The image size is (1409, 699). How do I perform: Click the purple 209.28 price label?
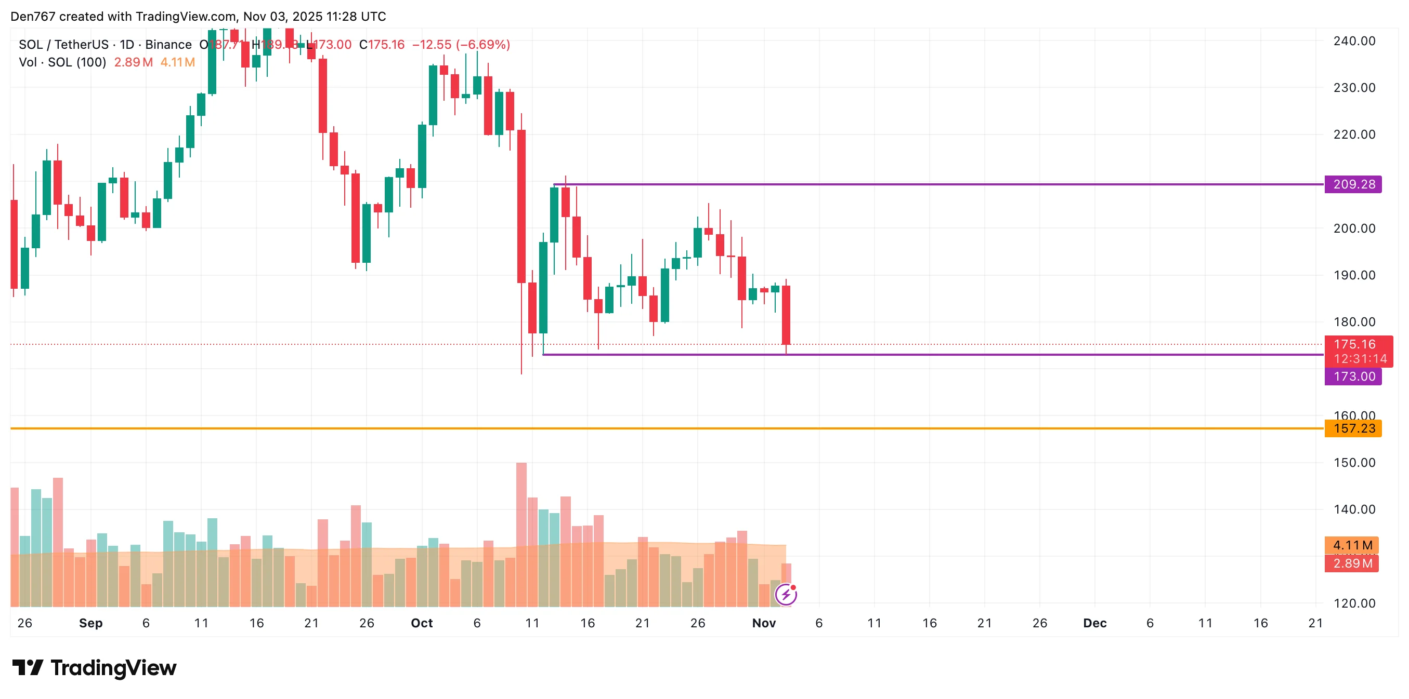click(x=1353, y=184)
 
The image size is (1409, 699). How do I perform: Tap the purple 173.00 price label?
click(x=1353, y=377)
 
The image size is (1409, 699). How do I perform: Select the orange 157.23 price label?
click(x=1353, y=428)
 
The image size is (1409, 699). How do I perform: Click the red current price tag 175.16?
click(x=1354, y=344)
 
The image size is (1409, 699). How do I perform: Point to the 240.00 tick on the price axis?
click(x=1354, y=41)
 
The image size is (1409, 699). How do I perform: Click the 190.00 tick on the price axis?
click(x=1354, y=275)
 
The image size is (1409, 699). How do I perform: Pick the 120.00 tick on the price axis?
click(x=1354, y=603)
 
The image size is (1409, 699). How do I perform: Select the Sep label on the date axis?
click(x=91, y=623)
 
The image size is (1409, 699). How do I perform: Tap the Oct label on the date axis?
click(x=422, y=623)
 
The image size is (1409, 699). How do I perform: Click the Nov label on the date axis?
click(x=764, y=623)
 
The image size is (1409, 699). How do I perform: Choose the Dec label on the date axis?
click(x=1094, y=623)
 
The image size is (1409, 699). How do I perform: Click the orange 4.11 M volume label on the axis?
click(x=1352, y=545)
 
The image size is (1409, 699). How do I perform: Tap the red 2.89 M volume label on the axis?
click(x=1352, y=563)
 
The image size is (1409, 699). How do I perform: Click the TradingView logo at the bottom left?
click(x=95, y=668)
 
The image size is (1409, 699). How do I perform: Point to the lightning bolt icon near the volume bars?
click(x=786, y=595)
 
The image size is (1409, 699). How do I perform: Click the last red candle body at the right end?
click(x=786, y=315)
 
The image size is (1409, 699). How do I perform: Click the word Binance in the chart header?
click(x=168, y=45)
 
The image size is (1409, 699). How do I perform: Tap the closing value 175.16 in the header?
click(x=386, y=45)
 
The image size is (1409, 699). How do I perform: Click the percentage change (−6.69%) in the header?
click(x=483, y=45)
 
